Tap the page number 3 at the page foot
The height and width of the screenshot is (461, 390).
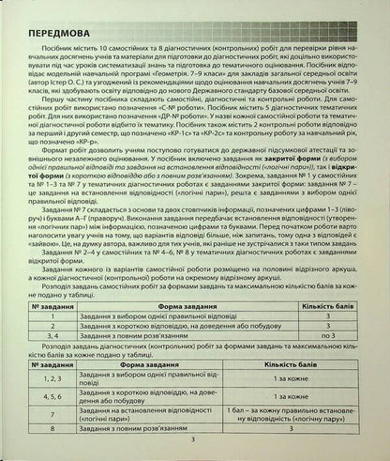coord(194,438)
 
